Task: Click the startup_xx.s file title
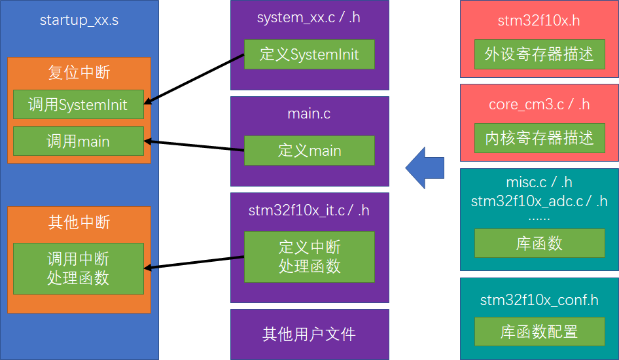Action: (79, 20)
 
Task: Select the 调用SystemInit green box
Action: (78, 105)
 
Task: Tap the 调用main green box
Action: (78, 141)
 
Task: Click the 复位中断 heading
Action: (79, 72)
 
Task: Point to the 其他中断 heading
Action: (79, 223)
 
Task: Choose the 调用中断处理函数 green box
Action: (78, 268)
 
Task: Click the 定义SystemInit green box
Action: (309, 54)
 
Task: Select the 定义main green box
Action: (309, 151)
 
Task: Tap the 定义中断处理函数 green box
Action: (309, 257)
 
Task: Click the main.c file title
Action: (309, 114)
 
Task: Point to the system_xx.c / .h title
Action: (309, 18)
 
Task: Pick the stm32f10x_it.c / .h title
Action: (309, 210)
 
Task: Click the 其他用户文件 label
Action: (309, 334)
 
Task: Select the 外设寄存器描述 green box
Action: (539, 54)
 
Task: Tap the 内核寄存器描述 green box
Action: (539, 137)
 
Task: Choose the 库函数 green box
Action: (539, 243)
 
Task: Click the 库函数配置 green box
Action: (539, 331)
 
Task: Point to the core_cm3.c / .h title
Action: (539, 105)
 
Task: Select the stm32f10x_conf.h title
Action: (539, 300)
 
